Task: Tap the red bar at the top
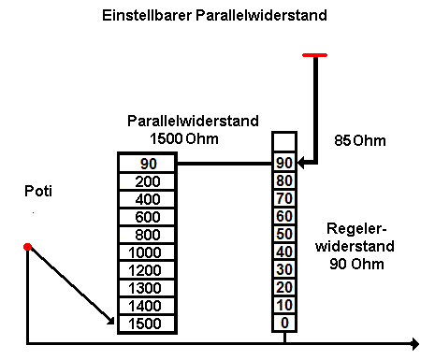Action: (x=314, y=55)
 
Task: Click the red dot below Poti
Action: (x=28, y=246)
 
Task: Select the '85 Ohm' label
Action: (x=360, y=141)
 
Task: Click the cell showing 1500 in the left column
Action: (x=147, y=324)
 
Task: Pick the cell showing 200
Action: (x=147, y=180)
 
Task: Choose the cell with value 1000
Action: (x=147, y=252)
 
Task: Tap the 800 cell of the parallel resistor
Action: (x=147, y=234)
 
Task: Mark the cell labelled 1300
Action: (x=147, y=287)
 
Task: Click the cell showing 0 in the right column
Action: (x=283, y=323)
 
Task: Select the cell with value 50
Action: (x=283, y=233)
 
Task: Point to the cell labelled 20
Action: (x=283, y=286)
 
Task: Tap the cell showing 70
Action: (x=283, y=197)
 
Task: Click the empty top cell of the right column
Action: (x=283, y=142)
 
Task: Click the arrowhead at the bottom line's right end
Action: (x=413, y=342)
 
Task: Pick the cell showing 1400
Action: (x=147, y=305)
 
